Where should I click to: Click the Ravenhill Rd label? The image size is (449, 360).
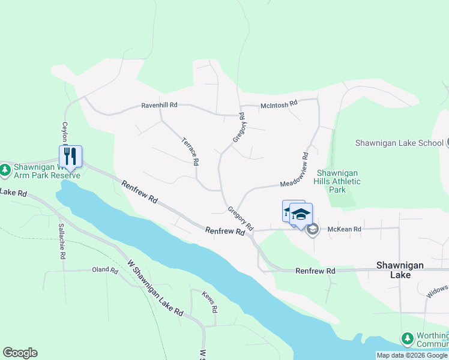pos(159,105)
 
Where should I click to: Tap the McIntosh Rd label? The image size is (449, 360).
pos(279,104)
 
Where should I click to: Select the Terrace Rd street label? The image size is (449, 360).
pos(190,151)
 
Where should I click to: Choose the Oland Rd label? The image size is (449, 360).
pos(105,270)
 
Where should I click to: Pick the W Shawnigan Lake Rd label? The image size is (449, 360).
pos(155,287)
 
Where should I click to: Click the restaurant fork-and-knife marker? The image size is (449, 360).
pos(70,156)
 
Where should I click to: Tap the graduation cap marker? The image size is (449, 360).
pos(301,214)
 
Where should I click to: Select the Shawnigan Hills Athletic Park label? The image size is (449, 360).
pos(339,181)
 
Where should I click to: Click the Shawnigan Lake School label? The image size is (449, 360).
pos(399,143)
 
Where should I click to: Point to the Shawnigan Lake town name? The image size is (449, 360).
pos(394,269)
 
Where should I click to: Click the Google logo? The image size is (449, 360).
pos(20,353)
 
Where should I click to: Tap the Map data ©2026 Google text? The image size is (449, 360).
pos(412,355)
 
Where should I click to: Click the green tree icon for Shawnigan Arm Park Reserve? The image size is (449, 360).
pos(5,170)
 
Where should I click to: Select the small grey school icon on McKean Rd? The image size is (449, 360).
pos(312,229)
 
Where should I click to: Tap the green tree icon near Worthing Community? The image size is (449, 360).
pos(408,339)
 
